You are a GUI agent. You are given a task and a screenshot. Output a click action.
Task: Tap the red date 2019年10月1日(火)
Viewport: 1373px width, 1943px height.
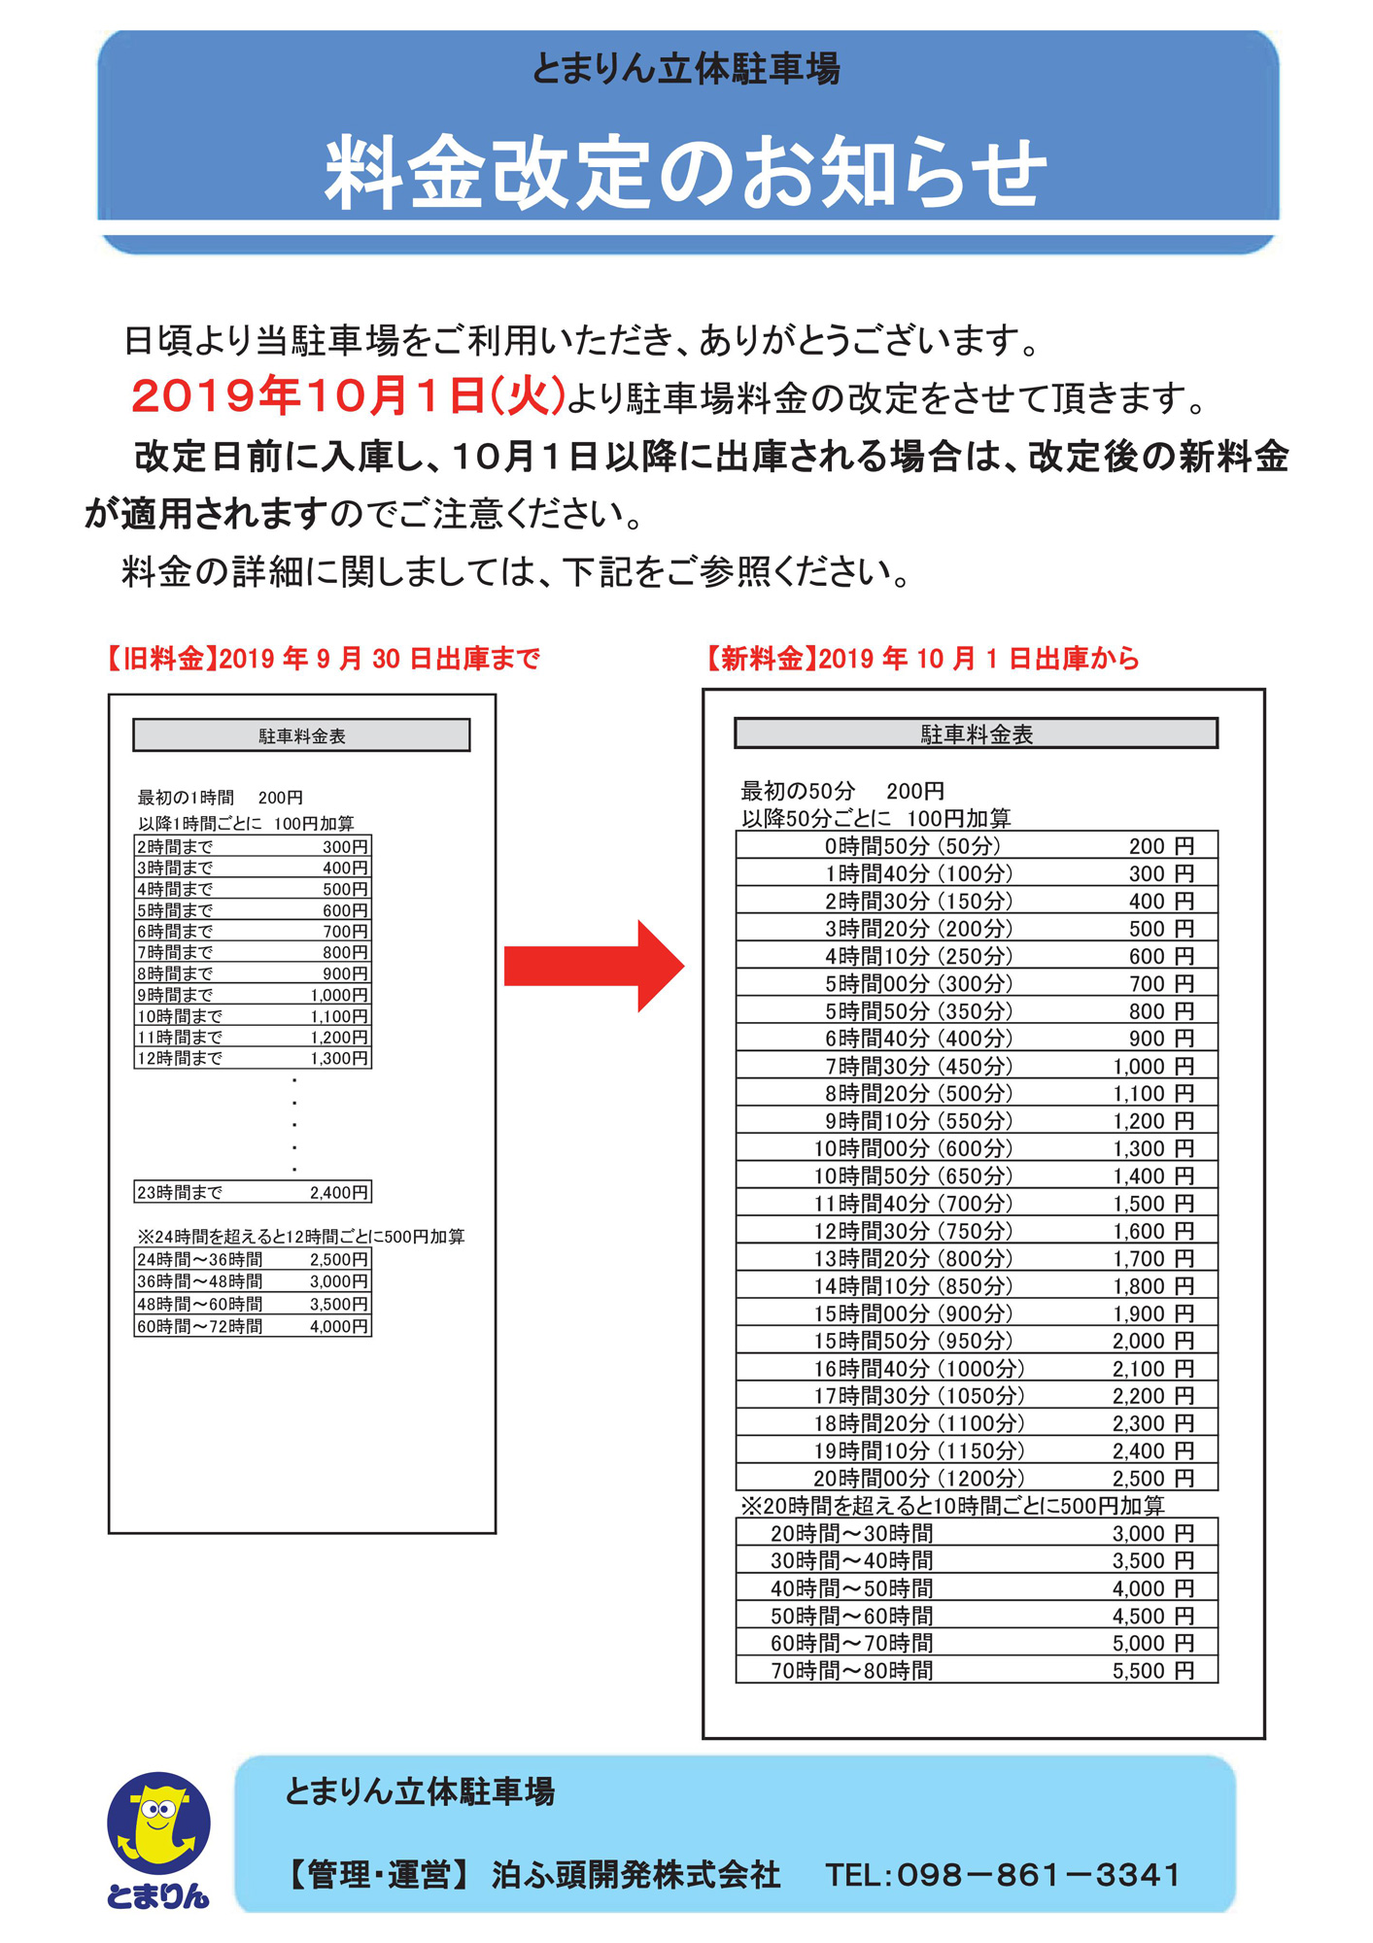click(348, 397)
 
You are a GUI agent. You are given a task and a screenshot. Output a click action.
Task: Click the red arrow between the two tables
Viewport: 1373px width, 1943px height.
click(594, 966)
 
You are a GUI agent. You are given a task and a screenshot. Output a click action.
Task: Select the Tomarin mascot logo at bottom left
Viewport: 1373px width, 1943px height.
click(158, 1839)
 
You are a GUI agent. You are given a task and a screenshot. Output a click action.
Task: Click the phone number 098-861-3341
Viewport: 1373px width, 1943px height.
click(1003, 1874)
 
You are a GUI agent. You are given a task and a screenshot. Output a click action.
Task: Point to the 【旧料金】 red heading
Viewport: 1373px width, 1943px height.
click(155, 660)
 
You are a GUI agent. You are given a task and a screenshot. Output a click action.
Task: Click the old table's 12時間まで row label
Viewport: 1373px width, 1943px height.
click(180, 1059)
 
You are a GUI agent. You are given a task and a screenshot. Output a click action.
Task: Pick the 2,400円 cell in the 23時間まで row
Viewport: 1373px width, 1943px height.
click(339, 1193)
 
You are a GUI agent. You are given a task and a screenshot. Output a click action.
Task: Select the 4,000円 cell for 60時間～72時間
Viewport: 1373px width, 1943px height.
click(339, 1327)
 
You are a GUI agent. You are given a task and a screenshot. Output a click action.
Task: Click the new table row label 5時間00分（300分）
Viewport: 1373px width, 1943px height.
click(918, 984)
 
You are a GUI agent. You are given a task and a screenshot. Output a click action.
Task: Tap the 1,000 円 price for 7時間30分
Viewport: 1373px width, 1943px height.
click(1152, 1067)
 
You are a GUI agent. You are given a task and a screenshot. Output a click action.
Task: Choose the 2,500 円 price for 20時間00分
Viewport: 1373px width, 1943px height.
click(1152, 1479)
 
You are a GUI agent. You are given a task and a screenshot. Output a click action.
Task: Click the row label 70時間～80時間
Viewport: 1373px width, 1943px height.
click(851, 1671)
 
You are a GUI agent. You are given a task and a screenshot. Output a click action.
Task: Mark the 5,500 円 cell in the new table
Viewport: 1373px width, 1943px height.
click(1152, 1671)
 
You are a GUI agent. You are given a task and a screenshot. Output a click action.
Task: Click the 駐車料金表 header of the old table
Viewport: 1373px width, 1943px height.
click(301, 736)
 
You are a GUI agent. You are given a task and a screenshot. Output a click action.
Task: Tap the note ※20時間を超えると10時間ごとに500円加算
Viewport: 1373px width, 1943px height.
click(952, 1506)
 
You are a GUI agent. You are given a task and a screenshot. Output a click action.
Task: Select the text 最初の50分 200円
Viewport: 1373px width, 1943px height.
click(842, 792)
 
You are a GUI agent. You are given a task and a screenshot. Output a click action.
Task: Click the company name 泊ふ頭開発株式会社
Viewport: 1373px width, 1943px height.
click(635, 1874)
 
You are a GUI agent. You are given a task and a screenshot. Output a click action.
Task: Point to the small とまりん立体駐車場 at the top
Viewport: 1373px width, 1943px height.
click(686, 70)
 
